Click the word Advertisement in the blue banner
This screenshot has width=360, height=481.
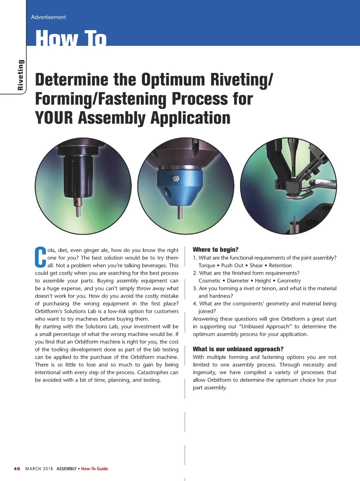48,17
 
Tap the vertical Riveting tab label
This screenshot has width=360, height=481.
20,75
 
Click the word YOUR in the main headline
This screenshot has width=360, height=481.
54,118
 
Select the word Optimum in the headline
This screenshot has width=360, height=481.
173,80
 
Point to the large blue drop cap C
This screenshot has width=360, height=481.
40,257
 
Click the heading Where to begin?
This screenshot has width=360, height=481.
215,250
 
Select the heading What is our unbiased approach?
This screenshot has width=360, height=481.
238,349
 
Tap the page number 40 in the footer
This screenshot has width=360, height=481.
17,469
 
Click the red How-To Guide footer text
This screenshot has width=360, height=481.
94,469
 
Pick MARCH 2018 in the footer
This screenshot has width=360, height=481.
39,469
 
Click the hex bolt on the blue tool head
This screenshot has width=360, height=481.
175,179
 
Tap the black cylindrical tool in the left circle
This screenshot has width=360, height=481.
78,174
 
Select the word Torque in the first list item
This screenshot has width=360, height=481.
207,265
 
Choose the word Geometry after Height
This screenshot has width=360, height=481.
289,281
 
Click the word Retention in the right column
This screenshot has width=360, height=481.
280,265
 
